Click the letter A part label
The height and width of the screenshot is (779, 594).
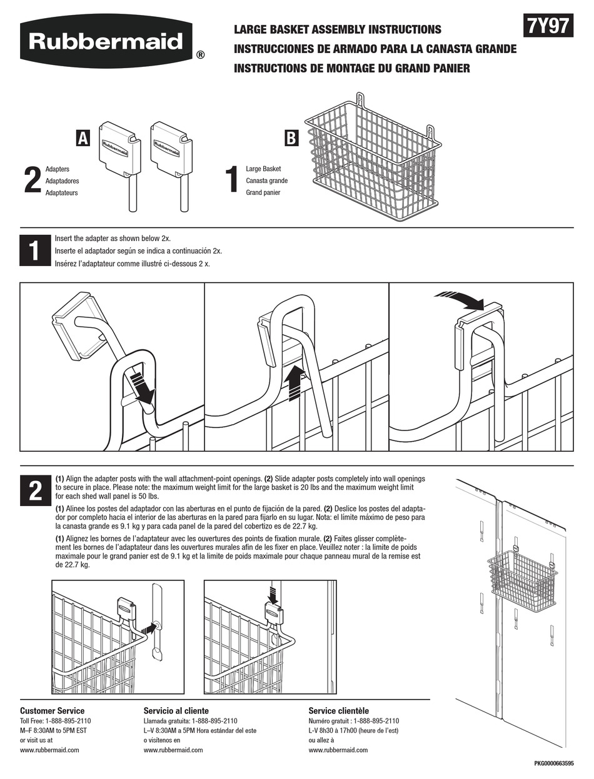pyautogui.click(x=83, y=138)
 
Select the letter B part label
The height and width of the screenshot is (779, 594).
pyautogui.click(x=291, y=138)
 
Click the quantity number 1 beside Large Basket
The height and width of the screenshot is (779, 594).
pyautogui.click(x=232, y=181)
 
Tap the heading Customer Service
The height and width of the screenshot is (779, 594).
pyautogui.click(x=52, y=710)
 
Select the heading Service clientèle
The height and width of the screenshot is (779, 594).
pyautogui.click(x=338, y=710)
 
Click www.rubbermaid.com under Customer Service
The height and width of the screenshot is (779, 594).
pyautogui.click(x=49, y=750)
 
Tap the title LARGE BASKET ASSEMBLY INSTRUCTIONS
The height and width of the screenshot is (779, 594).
pyautogui.click(x=337, y=29)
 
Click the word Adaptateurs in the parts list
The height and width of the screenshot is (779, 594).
pyautogui.click(x=61, y=193)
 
